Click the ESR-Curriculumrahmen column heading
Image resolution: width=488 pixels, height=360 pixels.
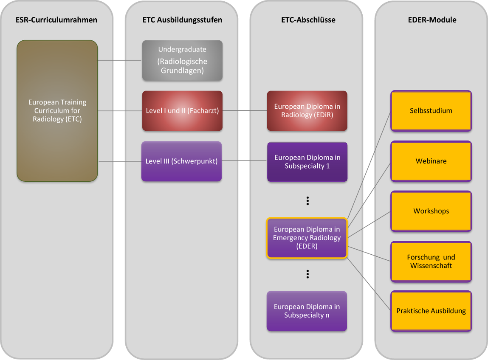click(x=56, y=20)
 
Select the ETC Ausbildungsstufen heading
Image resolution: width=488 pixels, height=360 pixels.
click(x=182, y=20)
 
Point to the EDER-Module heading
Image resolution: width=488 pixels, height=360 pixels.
click(x=431, y=20)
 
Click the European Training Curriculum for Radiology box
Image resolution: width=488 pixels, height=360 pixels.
click(x=57, y=111)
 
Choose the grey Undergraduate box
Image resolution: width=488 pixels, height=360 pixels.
click(x=182, y=60)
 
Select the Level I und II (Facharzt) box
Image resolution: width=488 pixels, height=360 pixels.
click(x=182, y=111)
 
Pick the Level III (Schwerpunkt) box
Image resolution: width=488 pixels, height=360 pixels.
click(x=181, y=161)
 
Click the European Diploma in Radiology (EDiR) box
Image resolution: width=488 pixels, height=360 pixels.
click(x=307, y=111)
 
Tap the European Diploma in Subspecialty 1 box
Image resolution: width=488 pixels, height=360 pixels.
click(x=307, y=162)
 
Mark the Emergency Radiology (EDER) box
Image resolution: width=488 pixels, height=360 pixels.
click(x=307, y=238)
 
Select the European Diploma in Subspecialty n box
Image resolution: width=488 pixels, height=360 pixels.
click(x=307, y=311)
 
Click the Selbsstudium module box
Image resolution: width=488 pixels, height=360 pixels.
click(x=431, y=111)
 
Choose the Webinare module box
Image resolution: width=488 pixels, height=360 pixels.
click(x=431, y=161)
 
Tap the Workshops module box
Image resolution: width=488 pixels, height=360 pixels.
click(x=431, y=211)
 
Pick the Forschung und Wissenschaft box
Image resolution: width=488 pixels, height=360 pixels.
click(x=431, y=262)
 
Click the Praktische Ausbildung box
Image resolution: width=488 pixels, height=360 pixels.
click(x=431, y=311)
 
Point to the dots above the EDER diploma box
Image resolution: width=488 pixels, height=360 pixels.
click(x=307, y=201)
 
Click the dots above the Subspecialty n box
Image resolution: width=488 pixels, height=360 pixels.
click(x=307, y=274)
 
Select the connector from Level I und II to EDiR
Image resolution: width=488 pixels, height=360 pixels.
click(x=245, y=111)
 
